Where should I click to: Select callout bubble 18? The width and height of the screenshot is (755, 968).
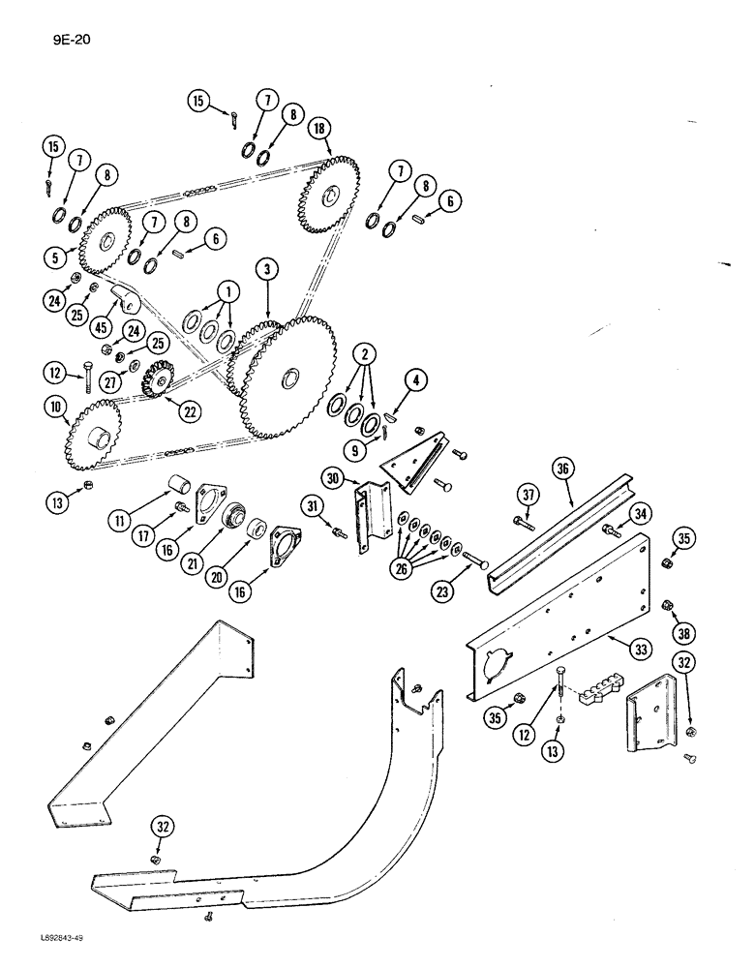click(317, 129)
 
